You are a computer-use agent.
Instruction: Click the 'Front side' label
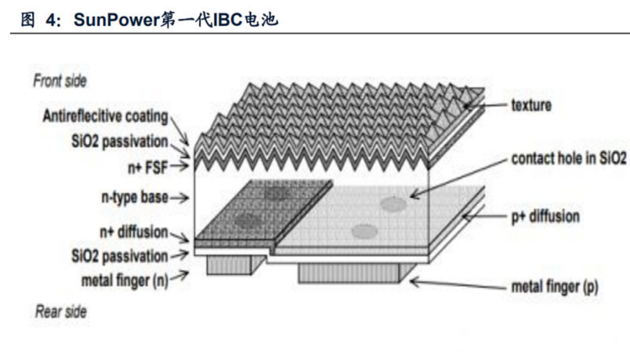(60, 81)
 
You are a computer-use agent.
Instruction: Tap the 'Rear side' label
(61, 312)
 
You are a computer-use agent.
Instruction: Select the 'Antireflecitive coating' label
(105, 116)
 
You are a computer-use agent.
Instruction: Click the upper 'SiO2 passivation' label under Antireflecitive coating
(120, 142)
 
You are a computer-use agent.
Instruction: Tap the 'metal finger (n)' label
(124, 281)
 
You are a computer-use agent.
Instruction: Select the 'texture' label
(531, 106)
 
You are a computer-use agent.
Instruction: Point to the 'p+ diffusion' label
(545, 216)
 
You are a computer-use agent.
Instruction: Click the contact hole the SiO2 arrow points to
(393, 204)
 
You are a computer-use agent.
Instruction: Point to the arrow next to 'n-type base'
(180, 197)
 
